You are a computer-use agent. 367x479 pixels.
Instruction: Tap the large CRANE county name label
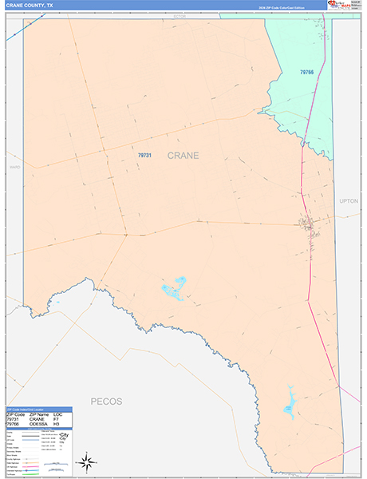[x=183, y=156]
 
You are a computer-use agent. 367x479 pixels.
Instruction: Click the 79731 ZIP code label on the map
[x=144, y=156]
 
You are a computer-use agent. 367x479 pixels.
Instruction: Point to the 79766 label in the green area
[x=307, y=73]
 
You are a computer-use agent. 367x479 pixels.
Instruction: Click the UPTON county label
[x=349, y=201]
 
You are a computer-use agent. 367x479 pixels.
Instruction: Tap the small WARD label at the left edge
[x=14, y=167]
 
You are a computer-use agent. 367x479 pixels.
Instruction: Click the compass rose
[x=88, y=461]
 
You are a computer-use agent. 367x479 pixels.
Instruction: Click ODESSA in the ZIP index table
[x=39, y=425]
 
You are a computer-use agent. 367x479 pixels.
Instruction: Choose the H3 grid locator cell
[x=57, y=425]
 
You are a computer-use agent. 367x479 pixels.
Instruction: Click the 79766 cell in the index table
[x=15, y=425]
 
